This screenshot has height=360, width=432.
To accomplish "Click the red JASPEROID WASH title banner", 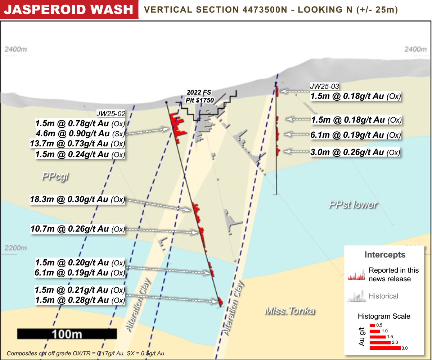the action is tap(69, 9).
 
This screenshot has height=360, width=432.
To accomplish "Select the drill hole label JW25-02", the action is tap(111, 114).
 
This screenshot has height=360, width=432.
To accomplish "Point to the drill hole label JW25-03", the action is tap(324, 86).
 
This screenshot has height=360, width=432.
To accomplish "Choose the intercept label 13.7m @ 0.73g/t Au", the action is tap(78, 143).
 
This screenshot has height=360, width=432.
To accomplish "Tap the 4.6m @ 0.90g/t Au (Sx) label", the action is tap(80, 133).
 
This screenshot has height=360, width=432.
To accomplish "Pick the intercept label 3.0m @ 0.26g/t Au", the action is tap(355, 152).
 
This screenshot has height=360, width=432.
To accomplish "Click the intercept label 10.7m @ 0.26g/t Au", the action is tap(78, 229).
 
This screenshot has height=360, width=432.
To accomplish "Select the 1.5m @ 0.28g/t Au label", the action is tap(80, 300).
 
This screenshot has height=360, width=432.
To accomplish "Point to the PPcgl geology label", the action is tap(55, 177).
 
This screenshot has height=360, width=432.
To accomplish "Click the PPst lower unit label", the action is tap(353, 205).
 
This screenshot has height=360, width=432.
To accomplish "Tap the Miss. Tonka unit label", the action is tap(290, 310).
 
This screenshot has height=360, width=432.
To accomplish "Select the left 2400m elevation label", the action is tap(16, 49).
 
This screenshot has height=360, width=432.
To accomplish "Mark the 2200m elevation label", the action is tap(16, 248).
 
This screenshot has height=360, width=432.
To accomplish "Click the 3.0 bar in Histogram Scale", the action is tap(385, 348).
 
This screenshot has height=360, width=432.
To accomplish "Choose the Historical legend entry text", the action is tap(383, 296).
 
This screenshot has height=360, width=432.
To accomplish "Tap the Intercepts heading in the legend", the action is tap(385, 255).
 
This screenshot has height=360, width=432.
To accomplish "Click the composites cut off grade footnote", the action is tap(85, 354).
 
